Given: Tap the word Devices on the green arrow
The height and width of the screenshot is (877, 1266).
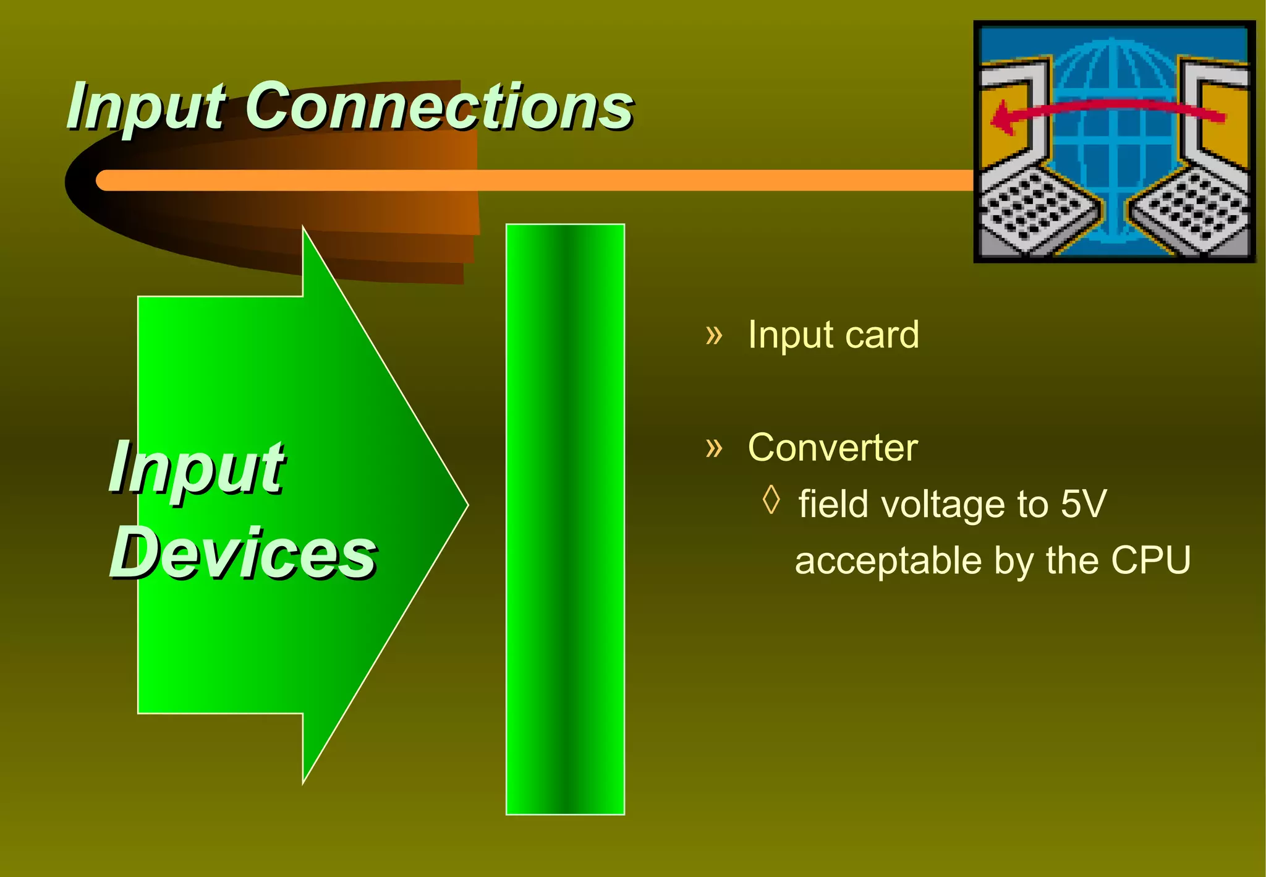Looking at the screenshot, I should (x=242, y=552).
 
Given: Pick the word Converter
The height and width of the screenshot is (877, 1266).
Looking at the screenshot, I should (x=832, y=447).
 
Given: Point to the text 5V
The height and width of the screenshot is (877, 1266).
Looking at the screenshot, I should (x=1083, y=503).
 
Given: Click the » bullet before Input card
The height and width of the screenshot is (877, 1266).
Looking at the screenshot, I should (x=714, y=335).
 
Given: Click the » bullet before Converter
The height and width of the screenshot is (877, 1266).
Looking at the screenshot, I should (x=714, y=447).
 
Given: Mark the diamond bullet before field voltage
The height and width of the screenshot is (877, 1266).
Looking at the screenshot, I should (x=771, y=500).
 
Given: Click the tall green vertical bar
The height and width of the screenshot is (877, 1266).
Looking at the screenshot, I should (x=565, y=520).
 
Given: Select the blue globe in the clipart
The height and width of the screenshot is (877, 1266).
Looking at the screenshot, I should (x=1113, y=142).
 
